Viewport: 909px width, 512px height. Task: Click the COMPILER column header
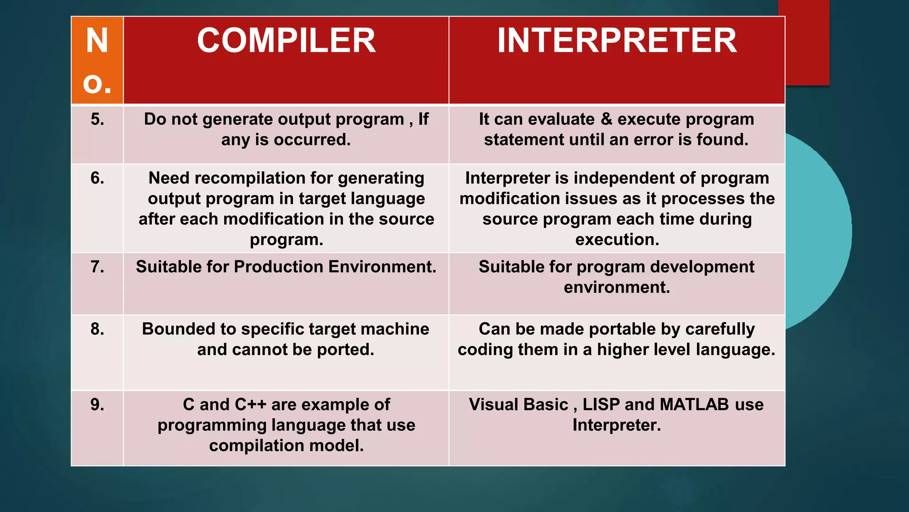(x=286, y=41)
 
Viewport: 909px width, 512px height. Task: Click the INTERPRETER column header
(x=617, y=41)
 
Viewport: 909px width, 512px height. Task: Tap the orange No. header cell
(x=97, y=60)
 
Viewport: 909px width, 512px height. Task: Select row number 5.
(x=97, y=119)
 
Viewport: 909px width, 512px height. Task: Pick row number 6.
(x=97, y=178)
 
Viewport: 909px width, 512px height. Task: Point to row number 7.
(x=97, y=267)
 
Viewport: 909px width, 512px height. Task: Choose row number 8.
(x=97, y=329)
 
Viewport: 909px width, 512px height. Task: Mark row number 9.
(x=97, y=404)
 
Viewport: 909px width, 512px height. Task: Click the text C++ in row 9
(x=250, y=404)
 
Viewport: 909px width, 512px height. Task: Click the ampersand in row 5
(x=606, y=119)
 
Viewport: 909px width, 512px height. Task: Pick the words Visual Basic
(x=518, y=404)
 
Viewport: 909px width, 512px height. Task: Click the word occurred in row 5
(x=312, y=140)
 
